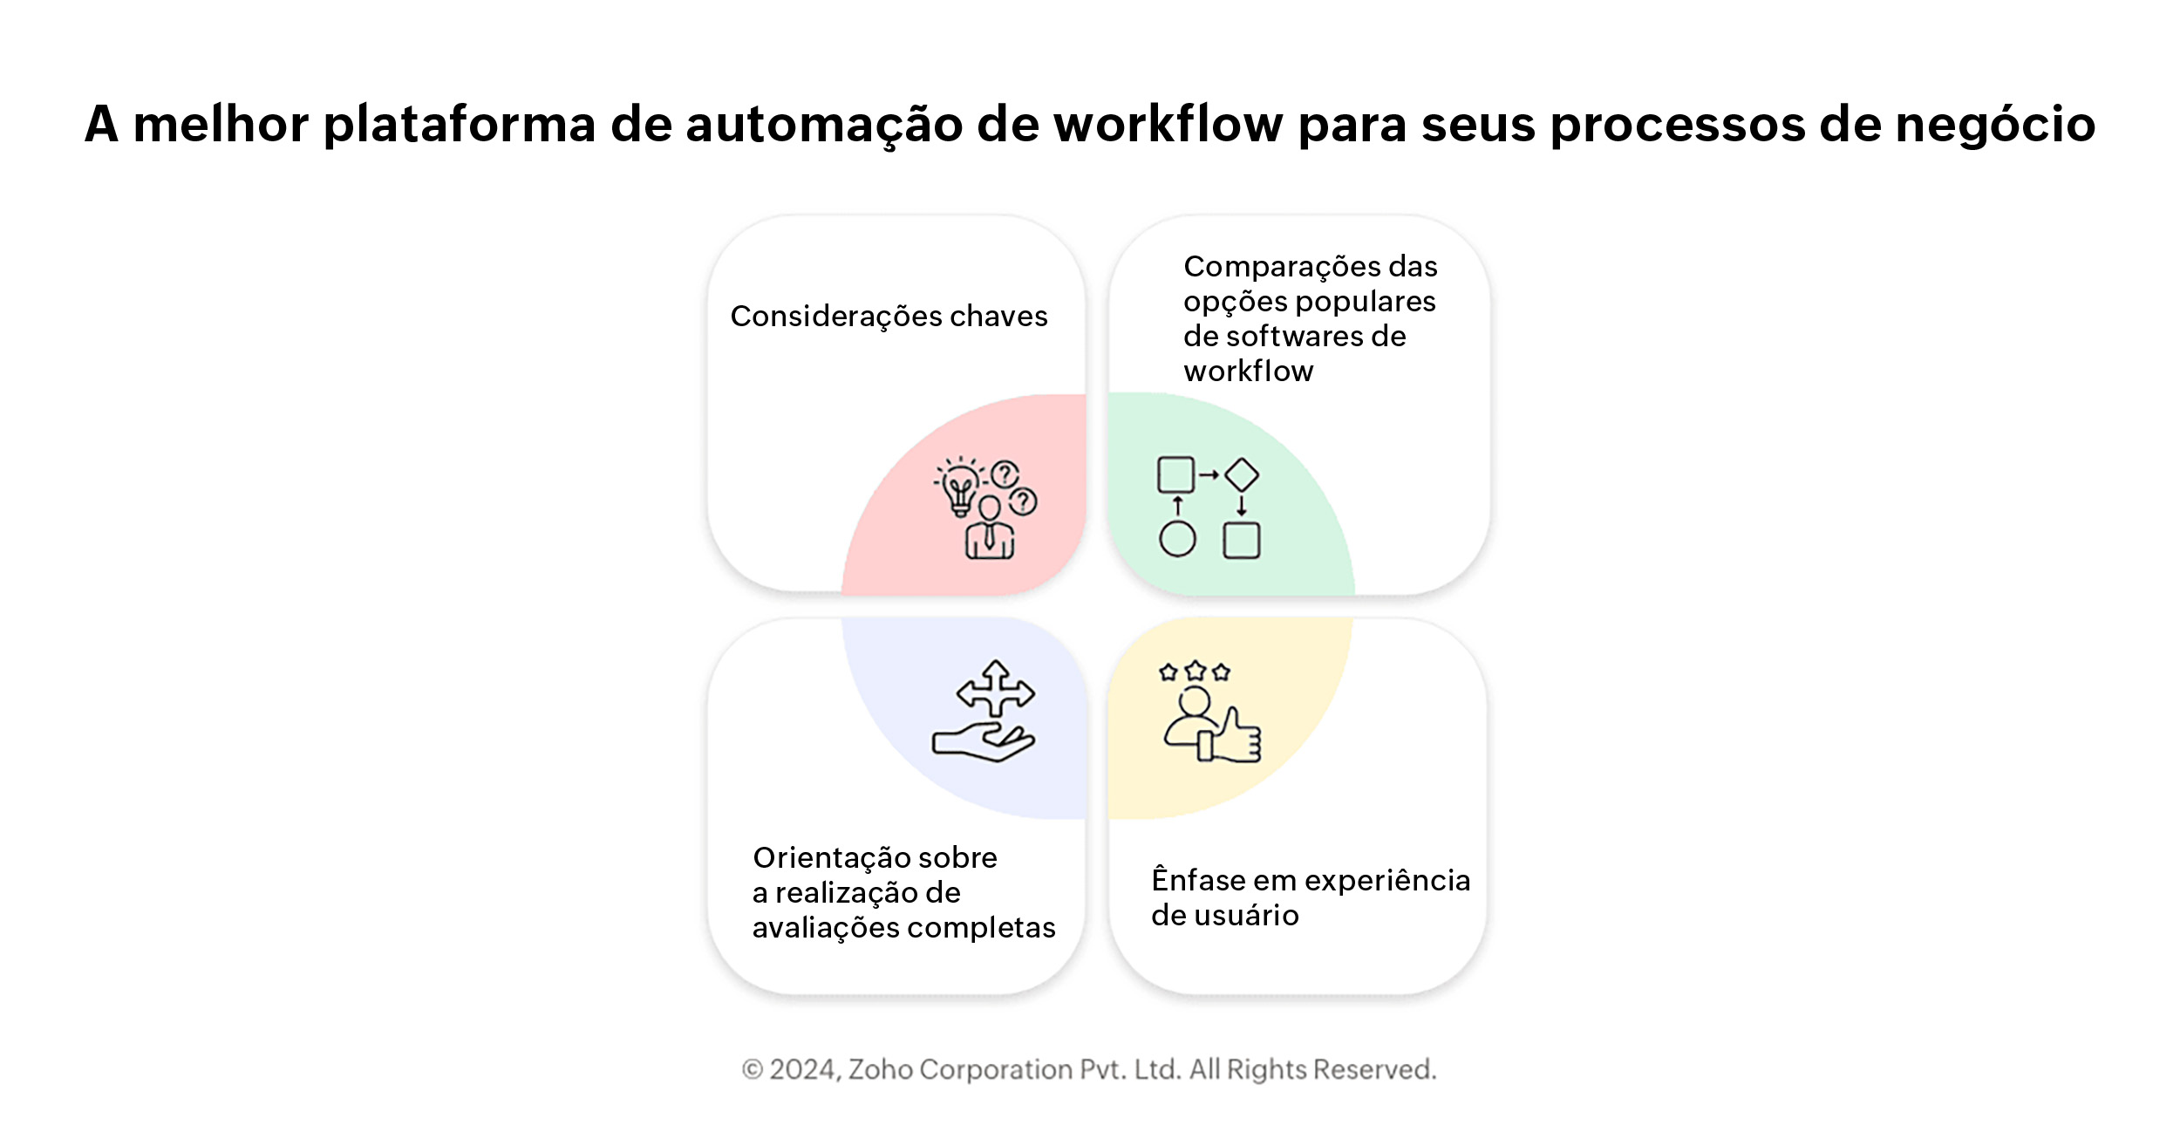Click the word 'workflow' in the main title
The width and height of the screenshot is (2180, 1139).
(x=1168, y=124)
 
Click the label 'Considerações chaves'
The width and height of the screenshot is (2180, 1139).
(x=889, y=316)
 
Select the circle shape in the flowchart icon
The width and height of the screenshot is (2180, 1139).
(x=1177, y=539)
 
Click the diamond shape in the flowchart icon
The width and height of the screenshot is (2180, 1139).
(x=1242, y=475)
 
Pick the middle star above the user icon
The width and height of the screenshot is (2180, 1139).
(x=1196, y=671)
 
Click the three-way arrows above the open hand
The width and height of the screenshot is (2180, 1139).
(x=996, y=690)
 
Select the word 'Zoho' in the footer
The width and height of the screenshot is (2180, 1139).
(x=880, y=1069)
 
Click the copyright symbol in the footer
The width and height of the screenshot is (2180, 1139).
(x=753, y=1069)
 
